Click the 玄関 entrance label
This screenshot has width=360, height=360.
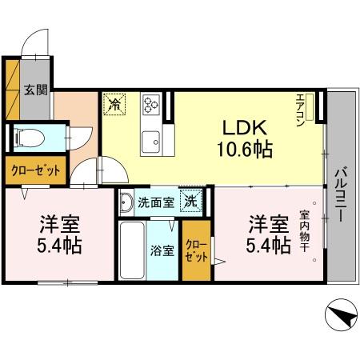[34, 90]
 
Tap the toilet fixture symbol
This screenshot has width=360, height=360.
[23, 137]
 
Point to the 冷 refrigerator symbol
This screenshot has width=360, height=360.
[115, 103]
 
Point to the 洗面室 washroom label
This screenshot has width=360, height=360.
[155, 202]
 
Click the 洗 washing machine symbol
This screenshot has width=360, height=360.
[193, 202]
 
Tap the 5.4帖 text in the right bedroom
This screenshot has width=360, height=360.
[267, 246]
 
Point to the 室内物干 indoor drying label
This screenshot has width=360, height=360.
[306, 232]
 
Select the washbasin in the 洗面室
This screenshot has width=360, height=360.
[126, 203]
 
